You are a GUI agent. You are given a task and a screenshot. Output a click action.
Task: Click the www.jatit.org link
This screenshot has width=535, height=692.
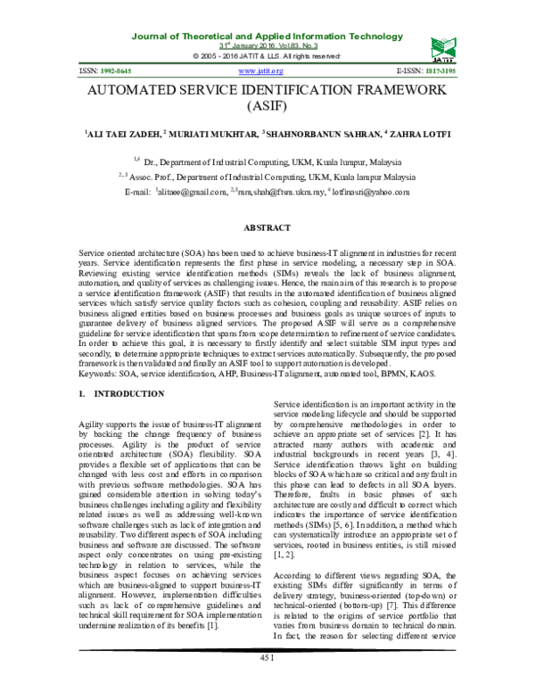[261, 70]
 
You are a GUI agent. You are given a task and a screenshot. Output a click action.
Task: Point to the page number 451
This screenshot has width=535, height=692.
[267, 682]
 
